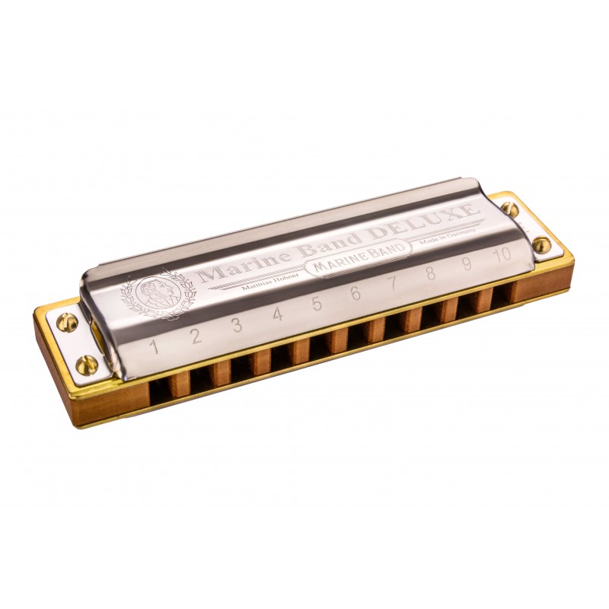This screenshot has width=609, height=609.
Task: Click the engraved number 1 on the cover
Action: (155, 347)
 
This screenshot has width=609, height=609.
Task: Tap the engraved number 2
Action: (196, 336)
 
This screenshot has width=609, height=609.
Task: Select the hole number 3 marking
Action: (237, 326)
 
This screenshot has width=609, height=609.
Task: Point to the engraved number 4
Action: (277, 314)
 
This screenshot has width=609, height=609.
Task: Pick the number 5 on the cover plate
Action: (317, 304)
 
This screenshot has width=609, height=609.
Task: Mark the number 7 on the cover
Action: (394, 283)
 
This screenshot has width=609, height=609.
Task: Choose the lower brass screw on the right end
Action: (541, 244)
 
